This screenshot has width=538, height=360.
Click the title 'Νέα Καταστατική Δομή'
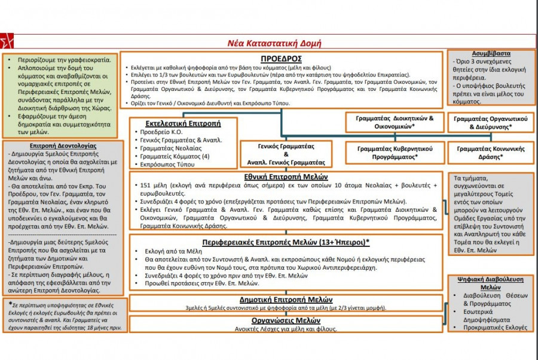[274, 43]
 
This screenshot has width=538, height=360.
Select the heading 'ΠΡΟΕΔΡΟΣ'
[281, 59]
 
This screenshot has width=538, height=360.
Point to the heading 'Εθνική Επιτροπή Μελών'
[286, 176]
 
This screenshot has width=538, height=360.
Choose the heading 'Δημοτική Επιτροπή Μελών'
[286, 300]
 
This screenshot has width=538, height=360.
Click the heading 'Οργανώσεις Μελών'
[286, 320]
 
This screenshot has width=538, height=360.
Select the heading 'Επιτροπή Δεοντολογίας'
[63, 145]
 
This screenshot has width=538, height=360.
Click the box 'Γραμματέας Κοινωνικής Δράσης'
[489, 152]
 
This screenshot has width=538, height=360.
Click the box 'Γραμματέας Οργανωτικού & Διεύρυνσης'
[490, 123]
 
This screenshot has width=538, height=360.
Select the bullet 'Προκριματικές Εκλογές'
[496, 328]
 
